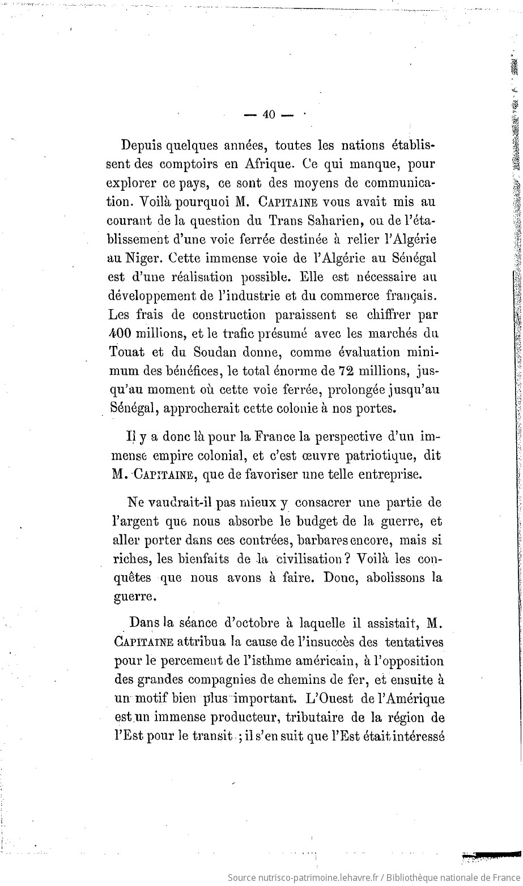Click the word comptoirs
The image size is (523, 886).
(189, 164)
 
